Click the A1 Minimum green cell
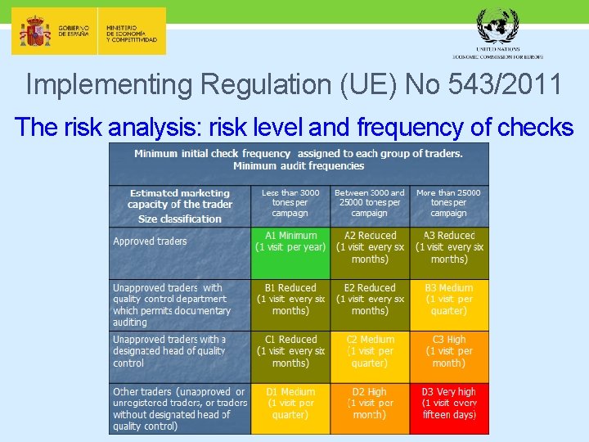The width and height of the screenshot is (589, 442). pyautogui.click(x=290, y=253)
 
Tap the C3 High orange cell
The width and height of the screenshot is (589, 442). pyautogui.click(x=449, y=356)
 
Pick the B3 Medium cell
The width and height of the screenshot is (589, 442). pyautogui.click(x=449, y=304)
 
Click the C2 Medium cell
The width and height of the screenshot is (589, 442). pyautogui.click(x=370, y=356)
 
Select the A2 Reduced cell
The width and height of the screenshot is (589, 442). pyautogui.click(x=370, y=253)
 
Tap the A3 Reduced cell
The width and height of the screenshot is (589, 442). pyautogui.click(x=449, y=253)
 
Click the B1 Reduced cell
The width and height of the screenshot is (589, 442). pyautogui.click(x=290, y=304)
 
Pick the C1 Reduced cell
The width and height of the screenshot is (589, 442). pyautogui.click(x=290, y=356)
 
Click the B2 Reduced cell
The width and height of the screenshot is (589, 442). pyautogui.click(x=370, y=304)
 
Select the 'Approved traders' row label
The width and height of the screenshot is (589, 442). pyautogui.click(x=151, y=241)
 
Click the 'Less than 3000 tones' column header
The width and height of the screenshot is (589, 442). pyautogui.click(x=290, y=203)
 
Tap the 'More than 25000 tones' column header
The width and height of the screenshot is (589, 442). pyautogui.click(x=448, y=203)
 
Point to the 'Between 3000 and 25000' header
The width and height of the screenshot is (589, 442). pyautogui.click(x=370, y=203)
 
